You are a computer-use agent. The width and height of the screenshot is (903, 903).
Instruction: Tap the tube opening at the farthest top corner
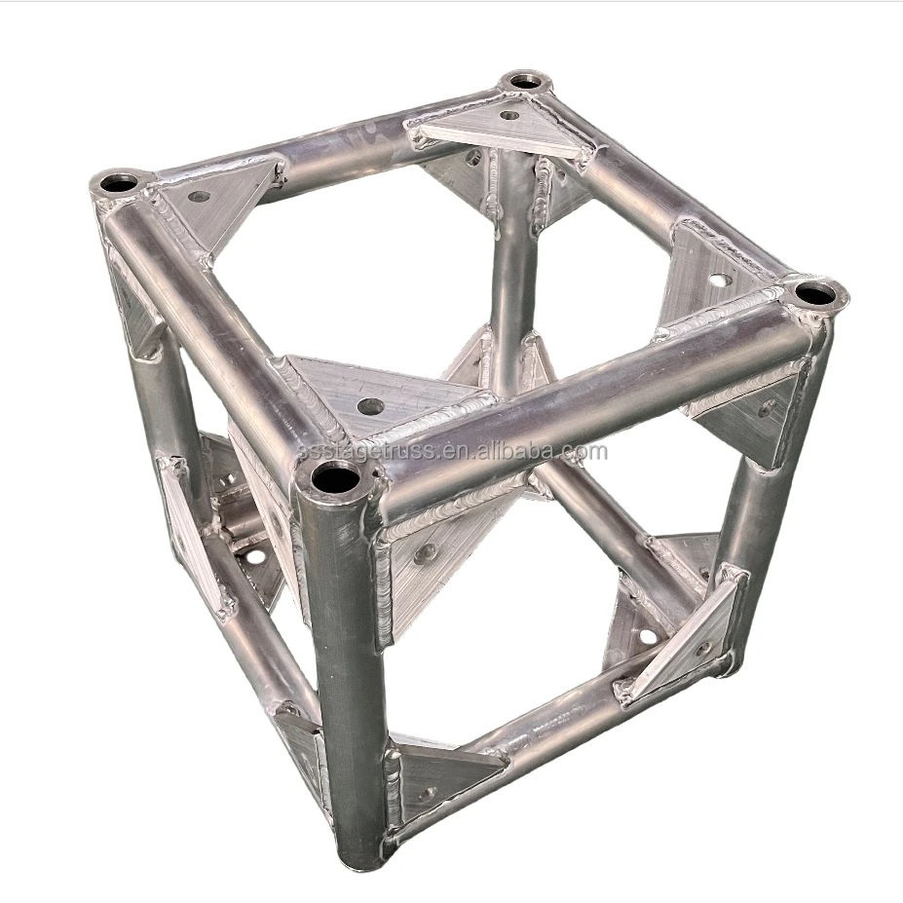pyautogui.click(x=526, y=81)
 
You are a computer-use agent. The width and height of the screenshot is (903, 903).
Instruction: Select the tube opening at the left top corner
pyautogui.click(x=120, y=182)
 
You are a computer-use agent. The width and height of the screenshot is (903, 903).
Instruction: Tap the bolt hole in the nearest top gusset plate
pyautogui.click(x=369, y=405)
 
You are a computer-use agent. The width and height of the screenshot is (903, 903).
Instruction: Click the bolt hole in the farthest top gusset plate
pyautogui.click(x=508, y=115)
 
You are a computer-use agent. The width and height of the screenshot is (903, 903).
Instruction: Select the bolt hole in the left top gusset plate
pyautogui.click(x=200, y=196)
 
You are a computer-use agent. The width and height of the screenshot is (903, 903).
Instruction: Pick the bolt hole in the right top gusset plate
pyautogui.click(x=718, y=280)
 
